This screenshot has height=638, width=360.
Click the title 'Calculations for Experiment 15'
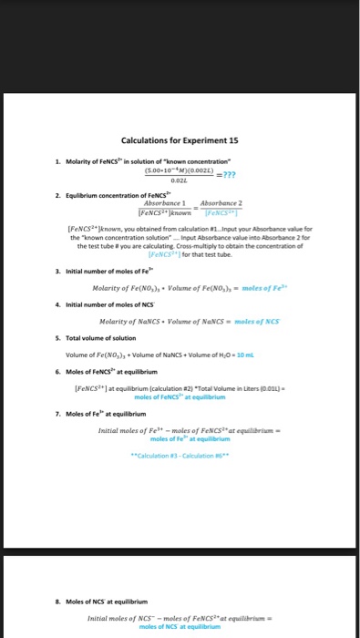(179, 139)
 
